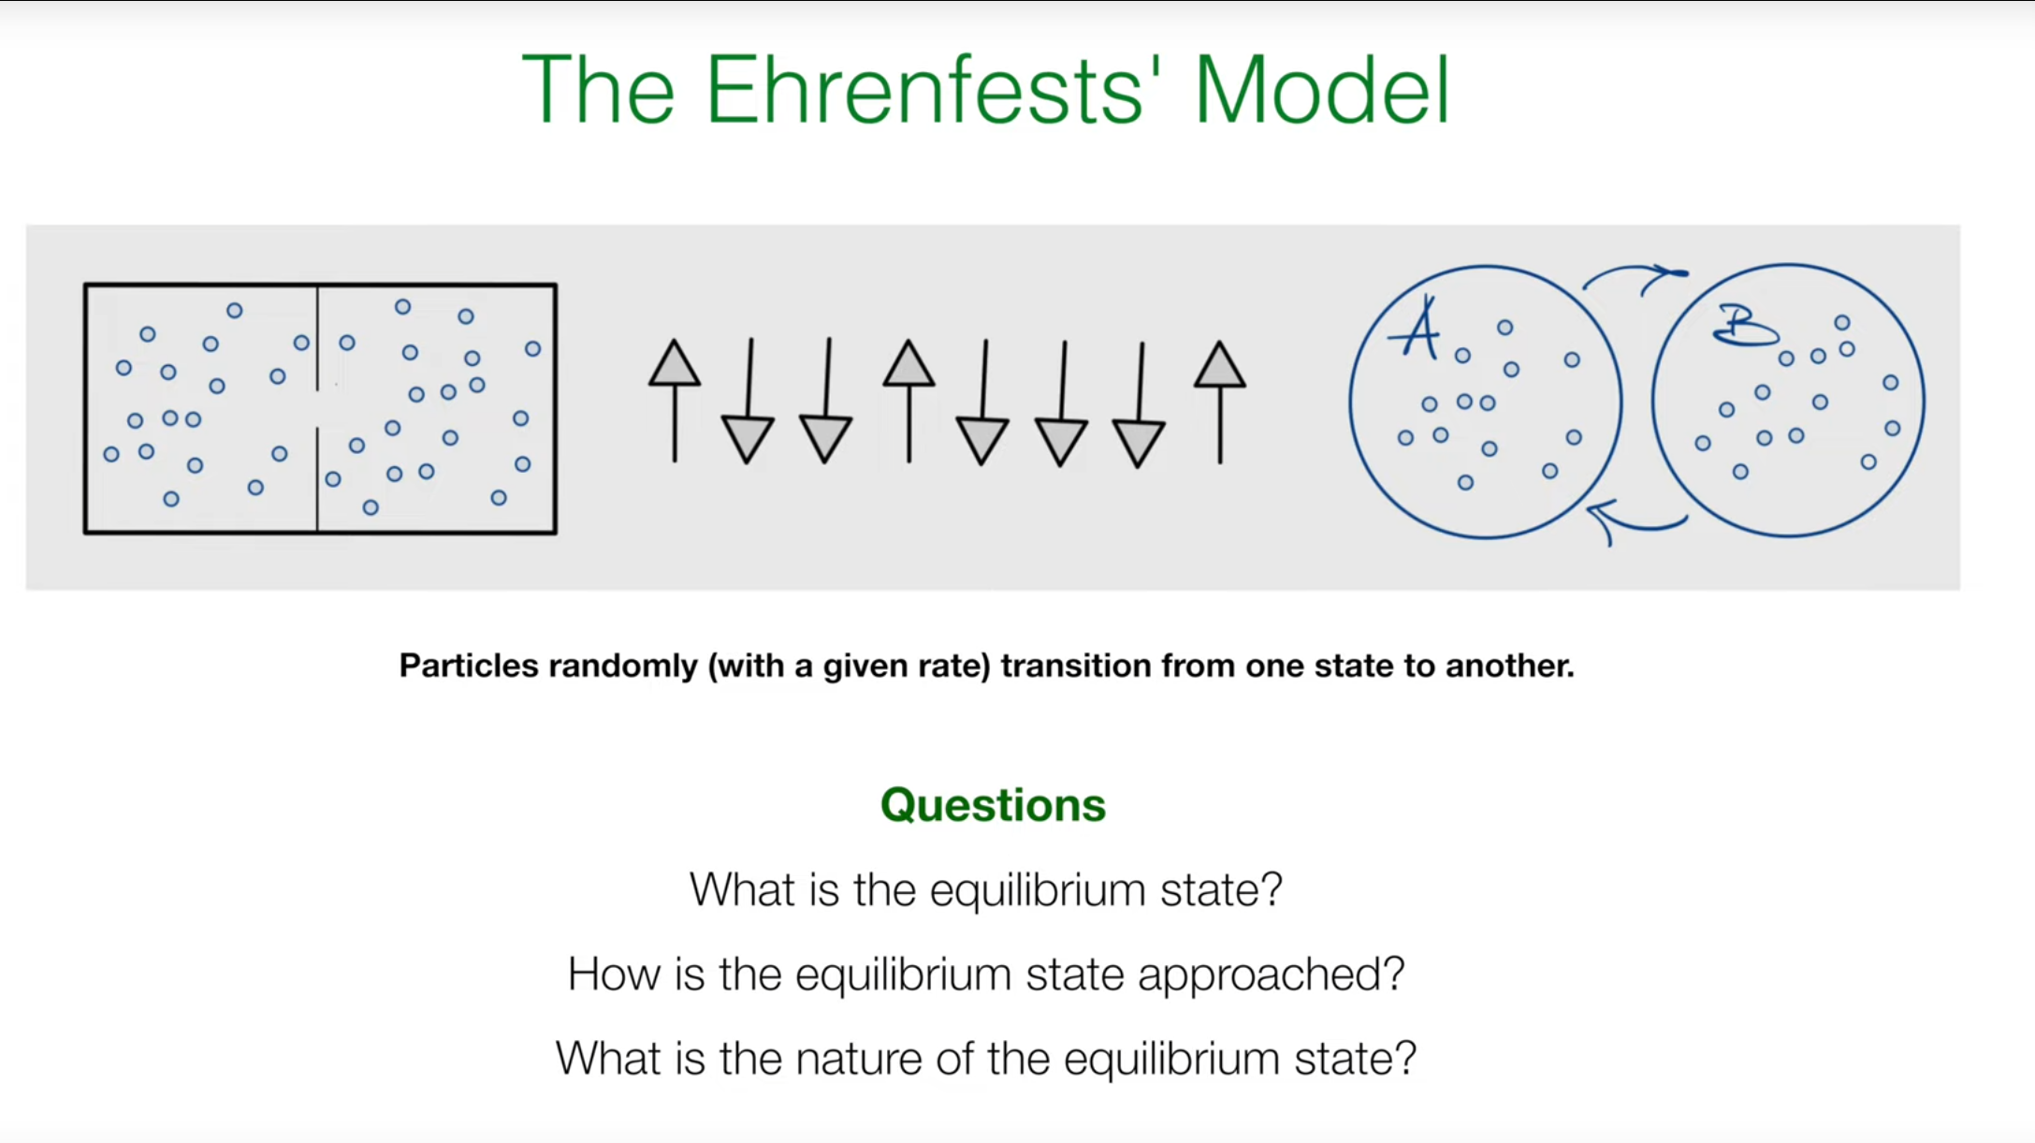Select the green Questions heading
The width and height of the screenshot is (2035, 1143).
(x=993, y=805)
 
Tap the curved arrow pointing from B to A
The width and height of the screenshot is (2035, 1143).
(x=1637, y=524)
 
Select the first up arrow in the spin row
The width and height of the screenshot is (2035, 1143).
(x=675, y=401)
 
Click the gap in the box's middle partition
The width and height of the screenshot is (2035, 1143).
(x=317, y=409)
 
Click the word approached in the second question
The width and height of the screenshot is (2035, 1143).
(x=1271, y=975)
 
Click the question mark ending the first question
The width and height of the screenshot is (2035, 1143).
(x=1272, y=888)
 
